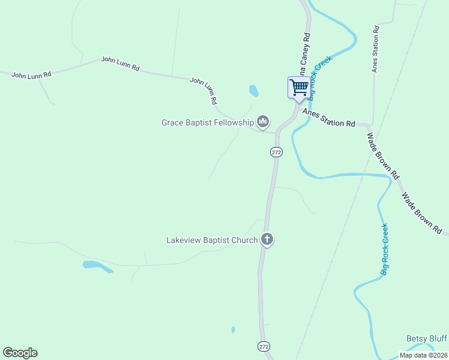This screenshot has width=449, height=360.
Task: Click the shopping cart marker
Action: click(x=299, y=88)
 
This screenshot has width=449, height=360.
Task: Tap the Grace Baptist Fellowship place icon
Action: click(x=262, y=122)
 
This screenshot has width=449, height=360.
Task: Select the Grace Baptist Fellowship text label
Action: click(x=208, y=122)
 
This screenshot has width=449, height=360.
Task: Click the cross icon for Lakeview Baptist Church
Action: click(x=267, y=239)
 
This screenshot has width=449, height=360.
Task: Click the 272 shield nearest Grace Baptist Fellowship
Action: click(x=276, y=152)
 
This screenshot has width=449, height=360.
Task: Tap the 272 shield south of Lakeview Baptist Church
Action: click(x=264, y=346)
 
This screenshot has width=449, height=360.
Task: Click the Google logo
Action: click(x=20, y=352)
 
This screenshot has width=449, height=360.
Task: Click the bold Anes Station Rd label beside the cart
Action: click(x=329, y=118)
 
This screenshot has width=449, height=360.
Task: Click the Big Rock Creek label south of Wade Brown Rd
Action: click(x=384, y=250)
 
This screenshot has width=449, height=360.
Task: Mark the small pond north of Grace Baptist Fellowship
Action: click(x=254, y=91)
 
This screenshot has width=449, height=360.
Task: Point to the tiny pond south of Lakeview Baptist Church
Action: click(x=233, y=329)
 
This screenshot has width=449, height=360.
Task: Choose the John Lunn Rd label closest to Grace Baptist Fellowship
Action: click(x=203, y=91)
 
